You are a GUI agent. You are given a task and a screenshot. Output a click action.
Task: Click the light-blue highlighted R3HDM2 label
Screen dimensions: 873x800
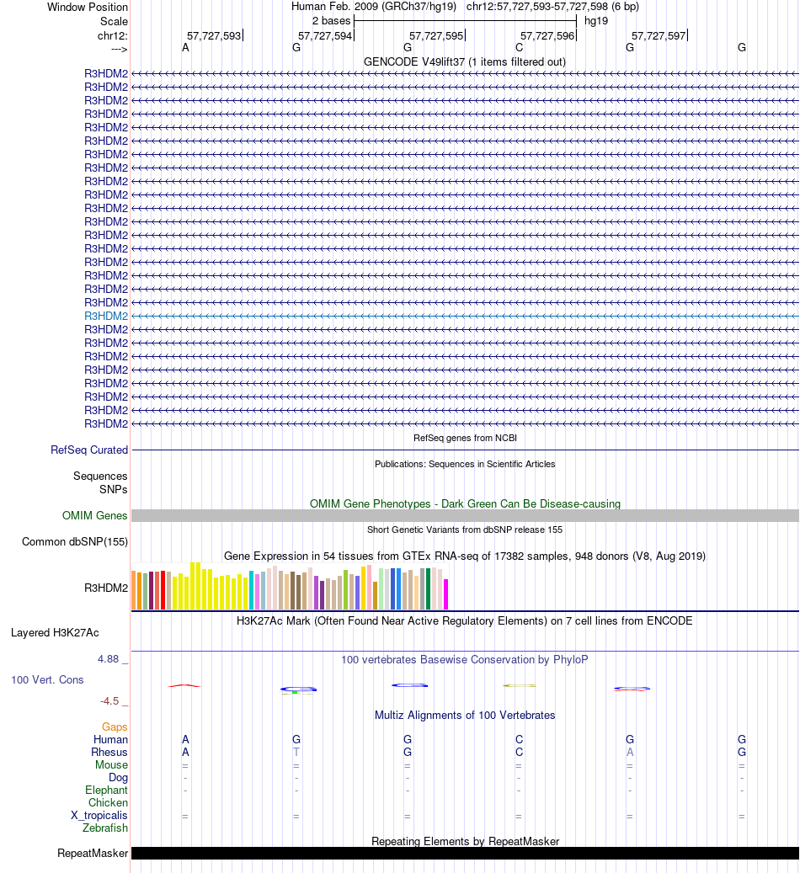pos(106,316)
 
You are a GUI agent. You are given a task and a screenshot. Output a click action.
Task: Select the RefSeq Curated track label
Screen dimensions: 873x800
pos(89,450)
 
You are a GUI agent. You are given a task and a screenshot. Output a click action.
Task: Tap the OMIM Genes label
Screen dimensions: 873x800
pos(95,515)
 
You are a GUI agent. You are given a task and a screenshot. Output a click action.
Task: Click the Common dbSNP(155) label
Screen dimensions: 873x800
pos(75,541)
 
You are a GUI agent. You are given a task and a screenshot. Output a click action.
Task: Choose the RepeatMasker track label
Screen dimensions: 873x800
pos(93,854)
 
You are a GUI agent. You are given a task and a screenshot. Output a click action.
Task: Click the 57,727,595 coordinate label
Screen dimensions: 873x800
pos(436,35)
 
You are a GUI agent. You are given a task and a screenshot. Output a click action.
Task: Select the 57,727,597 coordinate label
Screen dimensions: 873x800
pos(659,35)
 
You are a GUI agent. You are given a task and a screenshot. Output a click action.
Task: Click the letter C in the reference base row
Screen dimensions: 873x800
pos(519,48)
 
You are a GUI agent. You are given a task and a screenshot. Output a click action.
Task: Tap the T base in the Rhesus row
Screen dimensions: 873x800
pos(296,752)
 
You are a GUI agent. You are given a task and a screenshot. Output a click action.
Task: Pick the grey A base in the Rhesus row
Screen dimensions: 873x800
pos(630,752)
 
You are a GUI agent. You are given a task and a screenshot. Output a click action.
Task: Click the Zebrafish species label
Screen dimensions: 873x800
pos(105,828)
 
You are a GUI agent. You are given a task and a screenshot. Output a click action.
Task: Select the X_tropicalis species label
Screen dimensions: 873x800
pos(99,815)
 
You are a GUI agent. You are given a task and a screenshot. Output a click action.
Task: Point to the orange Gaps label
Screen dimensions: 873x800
pos(115,727)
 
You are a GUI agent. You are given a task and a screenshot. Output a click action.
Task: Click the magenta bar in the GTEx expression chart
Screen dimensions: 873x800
pos(446,594)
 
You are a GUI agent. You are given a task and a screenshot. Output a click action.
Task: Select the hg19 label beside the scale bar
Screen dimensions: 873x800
pos(596,20)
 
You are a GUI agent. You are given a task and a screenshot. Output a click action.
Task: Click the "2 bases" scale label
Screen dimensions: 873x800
pos(331,20)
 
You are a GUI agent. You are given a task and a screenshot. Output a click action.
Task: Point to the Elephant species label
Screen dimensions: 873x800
pos(106,790)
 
